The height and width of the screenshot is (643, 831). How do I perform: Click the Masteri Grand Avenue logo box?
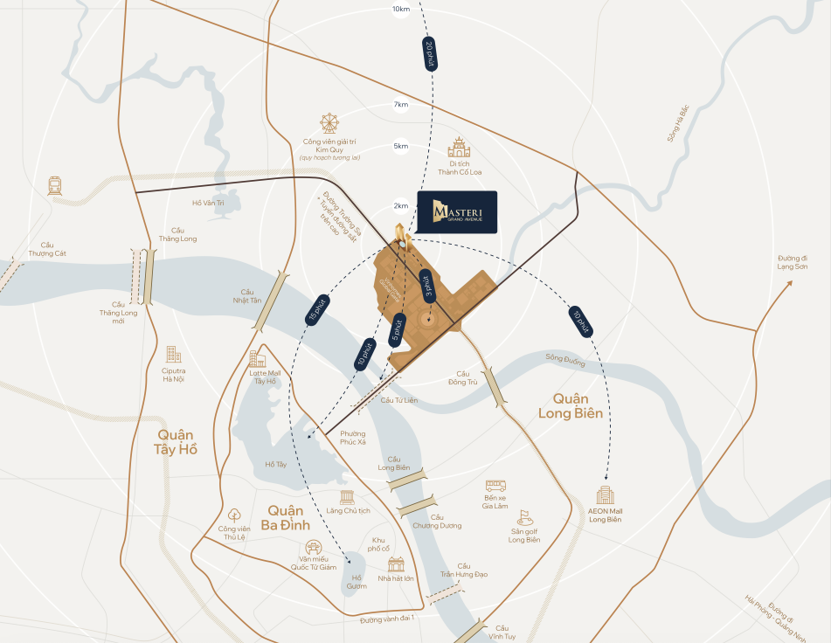pos(456,211)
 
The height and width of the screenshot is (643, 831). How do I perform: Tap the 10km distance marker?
pos(401,9)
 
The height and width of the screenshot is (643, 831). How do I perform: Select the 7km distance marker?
pos(401,105)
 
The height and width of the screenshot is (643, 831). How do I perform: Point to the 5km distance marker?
pos(401,146)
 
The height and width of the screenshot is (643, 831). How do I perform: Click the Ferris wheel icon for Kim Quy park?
pos(329,122)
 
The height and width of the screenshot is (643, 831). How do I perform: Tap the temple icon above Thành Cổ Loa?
pos(460,147)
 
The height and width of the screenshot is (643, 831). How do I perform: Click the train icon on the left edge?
pos(55,185)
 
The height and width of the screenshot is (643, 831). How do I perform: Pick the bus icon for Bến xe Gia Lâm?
pos(495,485)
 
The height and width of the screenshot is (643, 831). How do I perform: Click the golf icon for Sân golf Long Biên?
pos(524,517)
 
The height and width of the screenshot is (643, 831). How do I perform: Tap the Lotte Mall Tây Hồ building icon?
pos(257,358)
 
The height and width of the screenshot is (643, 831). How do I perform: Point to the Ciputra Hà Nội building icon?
pos(173,354)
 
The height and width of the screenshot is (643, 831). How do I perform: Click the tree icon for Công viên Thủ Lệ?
pos(234,515)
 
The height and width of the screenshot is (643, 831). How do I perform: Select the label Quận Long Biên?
pos(570,406)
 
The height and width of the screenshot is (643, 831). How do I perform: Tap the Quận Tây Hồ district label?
pos(177,442)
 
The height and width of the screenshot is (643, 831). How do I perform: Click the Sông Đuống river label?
pos(564,357)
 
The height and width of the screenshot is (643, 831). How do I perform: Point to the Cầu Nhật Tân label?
pos(252,296)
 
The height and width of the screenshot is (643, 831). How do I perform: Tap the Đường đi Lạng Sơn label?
pos(793,261)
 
